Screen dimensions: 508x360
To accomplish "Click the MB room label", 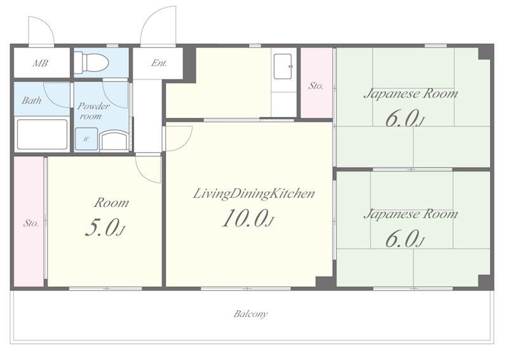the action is pos(40,63).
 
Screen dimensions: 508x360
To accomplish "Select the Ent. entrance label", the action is pos(159,63).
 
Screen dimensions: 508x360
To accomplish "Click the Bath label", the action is pos(31,100).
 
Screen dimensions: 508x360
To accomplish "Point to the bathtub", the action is pos(42,135).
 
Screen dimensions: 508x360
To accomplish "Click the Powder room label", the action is pos(93,111).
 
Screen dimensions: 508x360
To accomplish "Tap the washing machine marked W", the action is pos(86,139).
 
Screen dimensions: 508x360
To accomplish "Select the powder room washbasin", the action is pos(114,140).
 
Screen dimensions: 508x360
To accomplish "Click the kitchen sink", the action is pos(283,67).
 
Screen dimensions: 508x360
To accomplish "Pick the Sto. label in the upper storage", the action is pos(316,86).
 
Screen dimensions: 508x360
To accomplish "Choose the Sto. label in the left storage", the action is pos(30,223).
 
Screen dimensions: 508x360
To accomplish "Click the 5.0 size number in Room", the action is pos(101,228).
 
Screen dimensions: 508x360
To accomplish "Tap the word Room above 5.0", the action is pos(112,203).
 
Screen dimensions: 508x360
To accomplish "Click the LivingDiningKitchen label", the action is pos(253,194).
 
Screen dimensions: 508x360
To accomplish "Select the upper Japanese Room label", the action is pos(411,94).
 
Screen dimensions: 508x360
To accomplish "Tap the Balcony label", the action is pos(251,314).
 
